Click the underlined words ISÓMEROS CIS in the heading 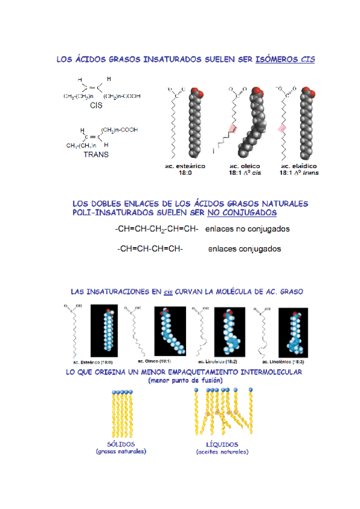(285, 59)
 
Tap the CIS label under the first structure (96, 105)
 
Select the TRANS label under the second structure (95, 154)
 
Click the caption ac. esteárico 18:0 (185, 169)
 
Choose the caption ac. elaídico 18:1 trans (298, 169)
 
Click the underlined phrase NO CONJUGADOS (242, 212)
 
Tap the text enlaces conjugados (244, 248)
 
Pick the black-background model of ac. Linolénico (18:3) (293, 332)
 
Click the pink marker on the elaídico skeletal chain (280, 128)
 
